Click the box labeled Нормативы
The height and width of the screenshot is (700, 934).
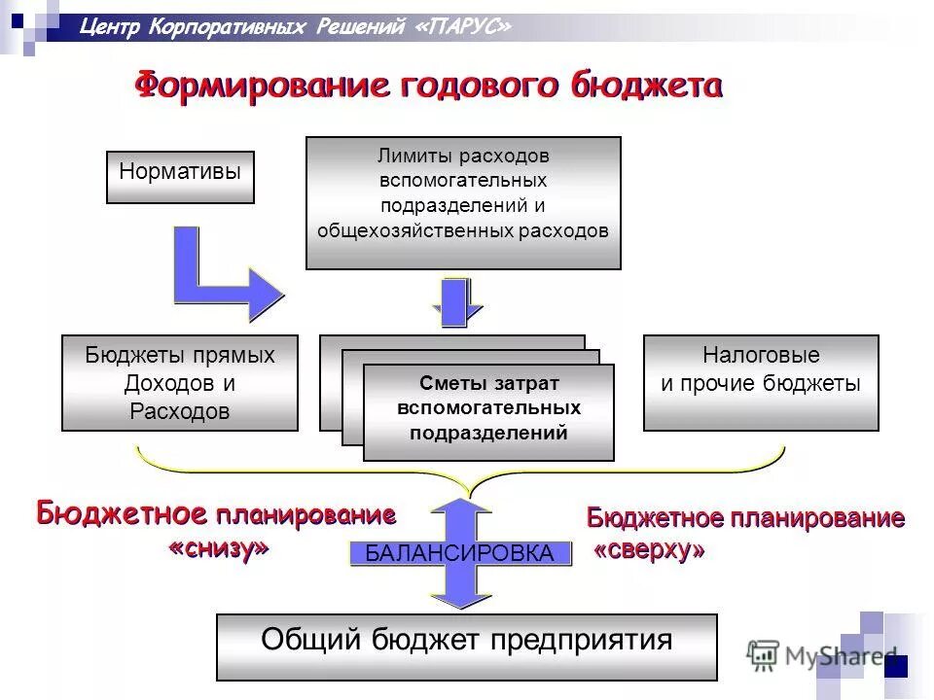pos(180,177)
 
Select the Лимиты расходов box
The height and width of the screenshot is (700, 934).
pos(463,202)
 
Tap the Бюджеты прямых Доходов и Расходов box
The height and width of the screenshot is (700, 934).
pos(180,383)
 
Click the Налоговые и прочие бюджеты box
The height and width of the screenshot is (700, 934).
pos(761,383)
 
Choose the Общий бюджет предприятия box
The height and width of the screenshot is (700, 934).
pos(466,647)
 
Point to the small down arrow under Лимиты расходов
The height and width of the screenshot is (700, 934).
pos(455,302)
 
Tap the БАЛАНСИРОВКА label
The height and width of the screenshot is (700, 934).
pos(459,554)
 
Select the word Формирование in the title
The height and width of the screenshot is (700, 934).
pos(262,87)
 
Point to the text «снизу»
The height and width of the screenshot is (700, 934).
pos(219,548)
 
